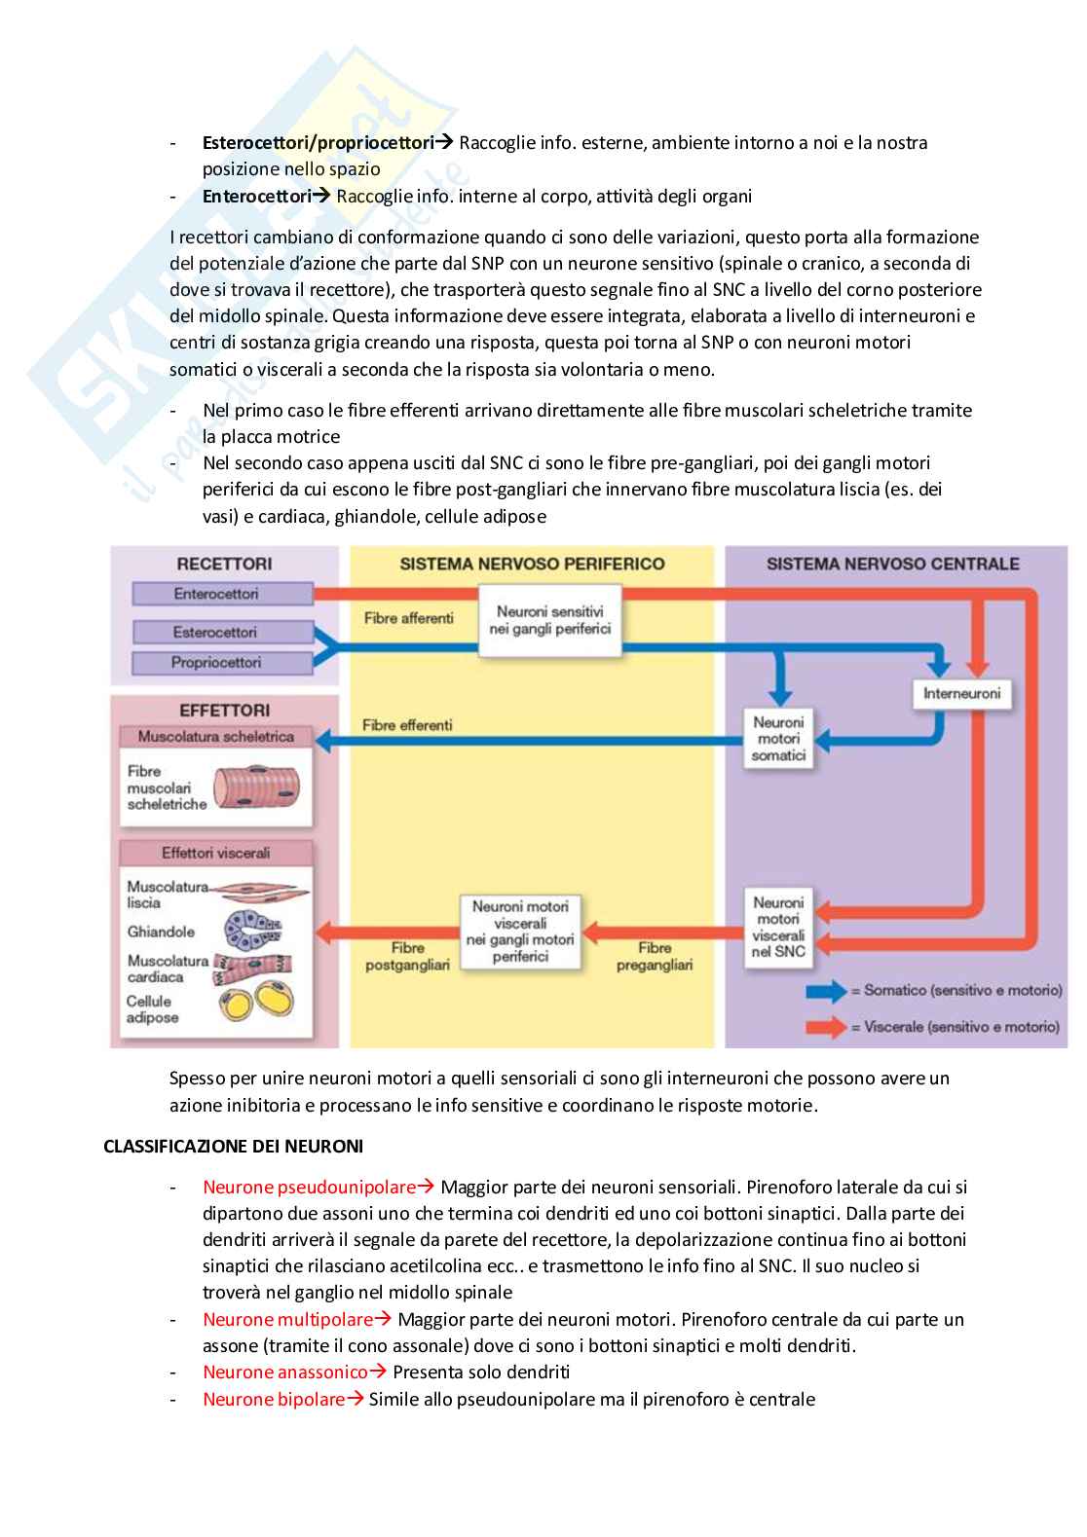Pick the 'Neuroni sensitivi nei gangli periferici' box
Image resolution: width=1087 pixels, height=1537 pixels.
coord(550,620)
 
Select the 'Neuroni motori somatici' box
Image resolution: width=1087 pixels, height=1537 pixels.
coord(779,739)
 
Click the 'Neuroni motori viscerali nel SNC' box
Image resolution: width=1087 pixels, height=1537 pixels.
coord(778,927)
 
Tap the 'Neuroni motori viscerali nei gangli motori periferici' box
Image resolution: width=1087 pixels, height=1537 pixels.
coord(520,931)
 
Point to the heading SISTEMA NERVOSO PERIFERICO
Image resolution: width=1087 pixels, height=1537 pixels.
coord(533,564)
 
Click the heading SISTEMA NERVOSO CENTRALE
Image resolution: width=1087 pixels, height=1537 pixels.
coord(893,564)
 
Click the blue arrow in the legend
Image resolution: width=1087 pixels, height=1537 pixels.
coord(826,991)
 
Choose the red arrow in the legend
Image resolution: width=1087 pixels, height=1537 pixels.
coord(826,1026)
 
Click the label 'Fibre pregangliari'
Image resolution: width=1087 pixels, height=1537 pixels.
coord(655,956)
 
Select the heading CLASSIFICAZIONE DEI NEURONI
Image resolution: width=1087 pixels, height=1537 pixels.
coord(234,1147)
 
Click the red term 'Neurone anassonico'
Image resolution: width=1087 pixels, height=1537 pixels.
coord(285,1372)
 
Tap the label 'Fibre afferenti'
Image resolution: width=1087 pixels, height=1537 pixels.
coord(408,617)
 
